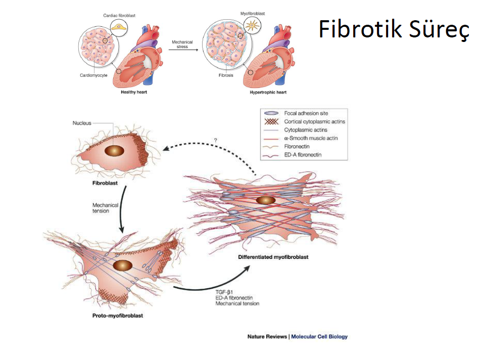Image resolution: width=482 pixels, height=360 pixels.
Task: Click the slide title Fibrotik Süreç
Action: [x=394, y=30]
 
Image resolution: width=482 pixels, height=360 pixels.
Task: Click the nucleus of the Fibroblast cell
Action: [x=115, y=151]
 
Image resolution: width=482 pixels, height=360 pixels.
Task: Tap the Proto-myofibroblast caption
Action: [x=118, y=316]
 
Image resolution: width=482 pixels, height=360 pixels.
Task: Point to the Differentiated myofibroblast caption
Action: [x=273, y=257]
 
